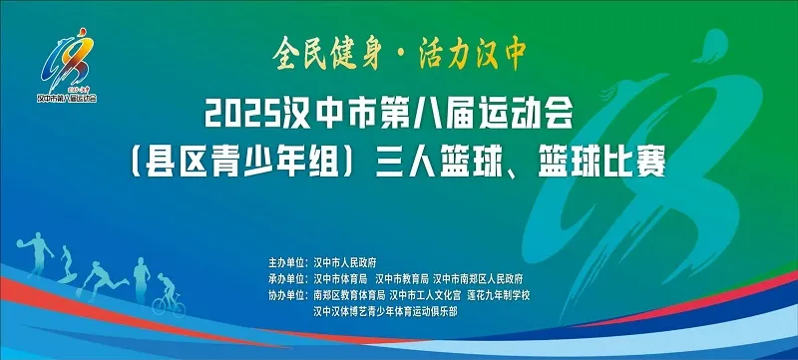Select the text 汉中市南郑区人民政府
pos(478,278)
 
